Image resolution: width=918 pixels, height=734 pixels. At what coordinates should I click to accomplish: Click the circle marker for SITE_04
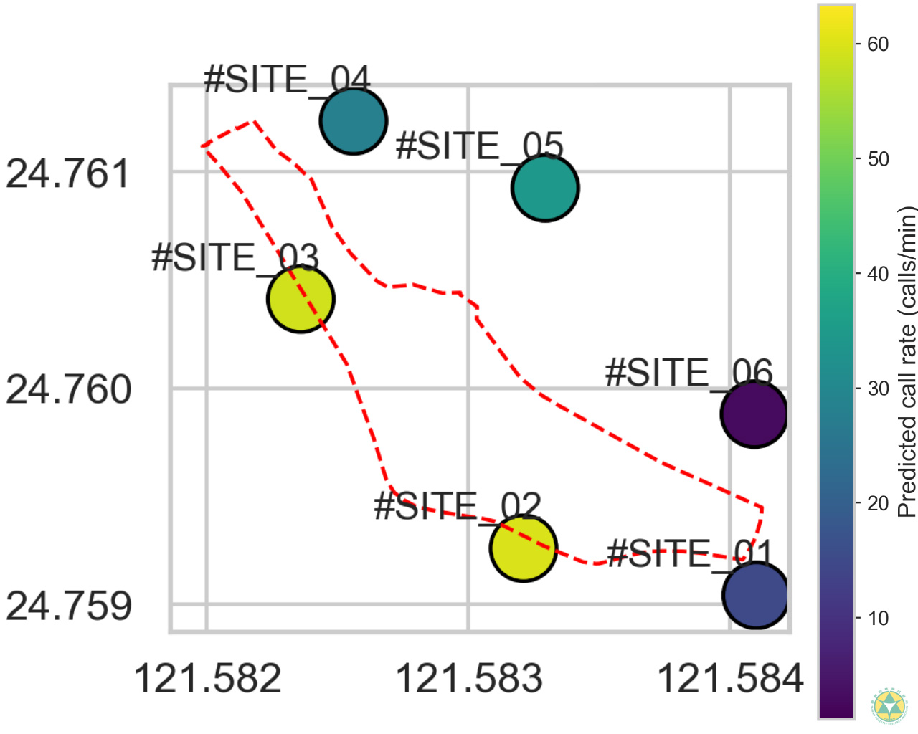tap(353, 121)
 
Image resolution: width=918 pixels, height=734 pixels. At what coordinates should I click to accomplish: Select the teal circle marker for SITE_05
tap(545, 188)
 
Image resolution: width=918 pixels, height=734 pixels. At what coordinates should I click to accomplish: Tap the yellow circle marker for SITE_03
tap(301, 299)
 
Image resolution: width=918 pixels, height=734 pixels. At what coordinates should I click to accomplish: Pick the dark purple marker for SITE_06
tap(754, 414)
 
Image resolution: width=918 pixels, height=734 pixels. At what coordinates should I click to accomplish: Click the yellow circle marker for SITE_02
tap(524, 548)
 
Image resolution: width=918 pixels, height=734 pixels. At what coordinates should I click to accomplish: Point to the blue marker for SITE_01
tap(755, 596)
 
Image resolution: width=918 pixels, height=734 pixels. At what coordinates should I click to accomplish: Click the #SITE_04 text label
tap(287, 79)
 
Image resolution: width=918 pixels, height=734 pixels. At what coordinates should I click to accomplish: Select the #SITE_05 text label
tap(479, 146)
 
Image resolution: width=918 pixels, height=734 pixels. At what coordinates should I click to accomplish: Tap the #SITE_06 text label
tap(688, 373)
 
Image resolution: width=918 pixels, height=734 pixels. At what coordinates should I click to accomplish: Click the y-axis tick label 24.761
tap(68, 173)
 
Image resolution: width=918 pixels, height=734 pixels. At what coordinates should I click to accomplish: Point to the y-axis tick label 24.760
tap(68, 389)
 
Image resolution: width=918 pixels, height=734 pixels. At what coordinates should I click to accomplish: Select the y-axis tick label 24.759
tap(68, 606)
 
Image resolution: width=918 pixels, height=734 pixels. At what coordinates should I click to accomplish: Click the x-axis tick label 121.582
tap(207, 678)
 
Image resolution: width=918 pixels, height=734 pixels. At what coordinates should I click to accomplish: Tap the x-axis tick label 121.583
tap(469, 678)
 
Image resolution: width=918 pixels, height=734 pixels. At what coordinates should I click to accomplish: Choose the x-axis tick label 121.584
tap(730, 678)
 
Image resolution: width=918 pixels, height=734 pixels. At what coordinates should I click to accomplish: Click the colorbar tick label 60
tap(878, 44)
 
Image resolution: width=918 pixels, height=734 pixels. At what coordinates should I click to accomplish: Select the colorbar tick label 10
tap(878, 618)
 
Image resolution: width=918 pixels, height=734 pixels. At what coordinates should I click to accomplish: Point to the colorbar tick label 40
tap(878, 274)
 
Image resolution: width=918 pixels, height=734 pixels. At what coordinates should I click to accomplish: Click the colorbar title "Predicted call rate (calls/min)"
tap(907, 362)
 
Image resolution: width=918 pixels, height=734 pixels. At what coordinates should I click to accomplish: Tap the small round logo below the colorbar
tap(889, 706)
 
